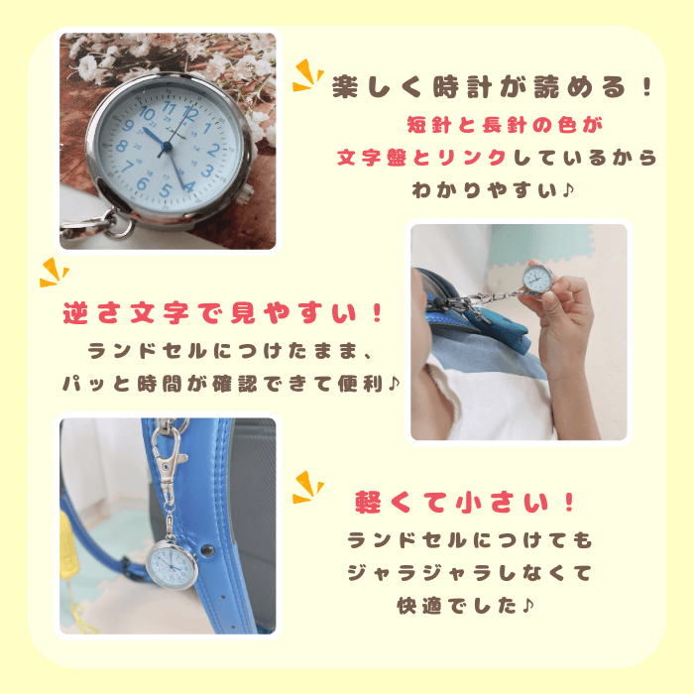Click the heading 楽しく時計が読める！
pos(492,87)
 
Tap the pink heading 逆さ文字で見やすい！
pos(223,313)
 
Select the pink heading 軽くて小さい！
pos(465,503)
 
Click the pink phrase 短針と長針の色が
pos(505,125)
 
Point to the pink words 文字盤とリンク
pos(421,158)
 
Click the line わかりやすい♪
pos(493,190)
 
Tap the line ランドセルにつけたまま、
pos(230,351)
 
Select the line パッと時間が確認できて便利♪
pos(231,384)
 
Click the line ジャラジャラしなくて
pos(469,573)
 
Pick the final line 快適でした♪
pos(466,606)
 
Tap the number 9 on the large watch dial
pos(128,125)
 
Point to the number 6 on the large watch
pos(143,182)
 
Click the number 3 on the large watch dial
pos(207,171)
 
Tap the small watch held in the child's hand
pos(538,280)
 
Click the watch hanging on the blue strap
pos(172,564)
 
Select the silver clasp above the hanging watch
pos(168,460)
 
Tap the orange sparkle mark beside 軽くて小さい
pos(308,487)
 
